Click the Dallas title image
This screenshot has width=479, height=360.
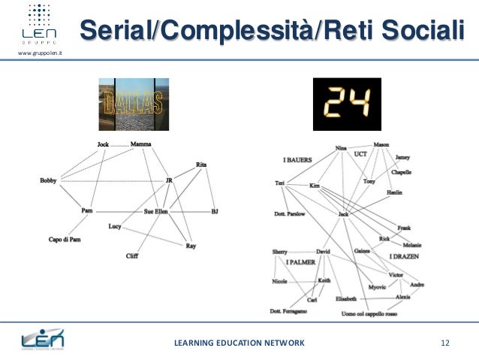[x=134, y=104]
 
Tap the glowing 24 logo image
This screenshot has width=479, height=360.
[x=343, y=104]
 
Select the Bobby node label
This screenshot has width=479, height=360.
[x=48, y=180]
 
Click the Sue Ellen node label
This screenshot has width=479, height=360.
[x=158, y=212]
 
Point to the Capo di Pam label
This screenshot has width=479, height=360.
[x=65, y=240]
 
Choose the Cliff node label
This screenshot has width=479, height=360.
[x=132, y=256]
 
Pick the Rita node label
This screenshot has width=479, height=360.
[x=201, y=164]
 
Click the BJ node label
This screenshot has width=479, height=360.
[x=215, y=211]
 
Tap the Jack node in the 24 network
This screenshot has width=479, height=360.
[x=343, y=214]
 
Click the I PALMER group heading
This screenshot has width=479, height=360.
[x=300, y=262]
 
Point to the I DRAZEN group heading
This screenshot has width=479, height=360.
[x=404, y=257]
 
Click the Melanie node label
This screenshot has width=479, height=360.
[x=412, y=245]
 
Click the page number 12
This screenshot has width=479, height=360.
[x=445, y=343]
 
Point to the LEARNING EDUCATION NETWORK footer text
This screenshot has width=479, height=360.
[x=239, y=343]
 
